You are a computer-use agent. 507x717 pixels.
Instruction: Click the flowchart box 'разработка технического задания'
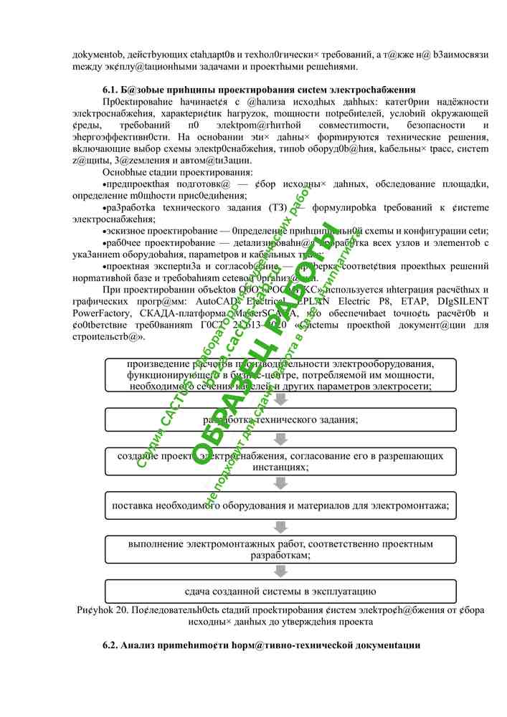click(x=280, y=419)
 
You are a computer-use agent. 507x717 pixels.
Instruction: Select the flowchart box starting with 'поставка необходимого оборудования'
click(x=280, y=505)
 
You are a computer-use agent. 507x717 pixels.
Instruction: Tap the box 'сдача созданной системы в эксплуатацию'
click(x=280, y=592)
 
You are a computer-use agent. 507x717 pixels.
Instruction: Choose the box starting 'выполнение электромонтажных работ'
click(x=280, y=549)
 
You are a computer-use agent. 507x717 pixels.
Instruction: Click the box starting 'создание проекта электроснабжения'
click(x=280, y=461)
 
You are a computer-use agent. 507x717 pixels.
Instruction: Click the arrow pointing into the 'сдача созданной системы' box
click(x=280, y=571)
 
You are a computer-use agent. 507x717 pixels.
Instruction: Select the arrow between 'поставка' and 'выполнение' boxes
click(x=280, y=527)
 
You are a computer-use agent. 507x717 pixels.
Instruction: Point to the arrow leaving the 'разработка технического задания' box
click(x=280, y=440)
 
